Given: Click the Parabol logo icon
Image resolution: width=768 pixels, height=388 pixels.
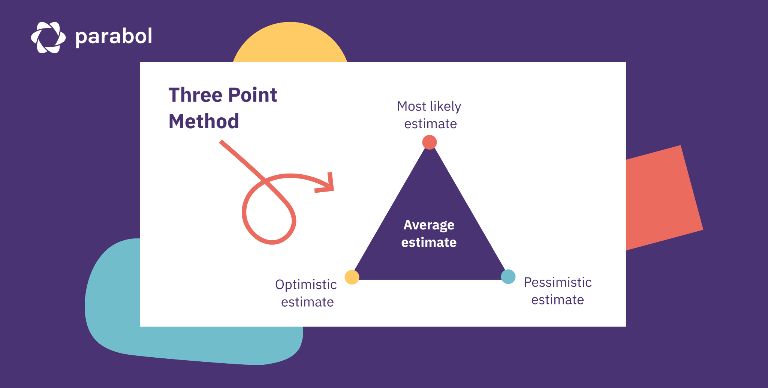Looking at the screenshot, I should click(x=48, y=37).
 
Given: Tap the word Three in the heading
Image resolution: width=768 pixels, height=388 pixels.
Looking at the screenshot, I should click(x=195, y=95).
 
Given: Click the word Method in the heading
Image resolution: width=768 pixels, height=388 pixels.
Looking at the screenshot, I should click(x=204, y=121).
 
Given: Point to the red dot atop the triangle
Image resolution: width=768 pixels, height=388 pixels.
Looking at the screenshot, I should click(x=429, y=142).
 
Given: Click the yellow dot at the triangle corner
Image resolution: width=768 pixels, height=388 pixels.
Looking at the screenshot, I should click(x=352, y=277).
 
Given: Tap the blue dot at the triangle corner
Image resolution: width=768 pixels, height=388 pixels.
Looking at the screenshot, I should click(x=508, y=277).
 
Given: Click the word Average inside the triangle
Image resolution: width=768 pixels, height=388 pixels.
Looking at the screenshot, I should click(x=429, y=225).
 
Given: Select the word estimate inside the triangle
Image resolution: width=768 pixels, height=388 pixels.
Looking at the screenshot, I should click(x=429, y=243).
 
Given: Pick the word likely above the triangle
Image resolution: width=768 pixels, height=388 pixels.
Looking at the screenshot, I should click(x=446, y=106).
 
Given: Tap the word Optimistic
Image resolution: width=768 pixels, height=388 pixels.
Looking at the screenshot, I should click(x=306, y=285).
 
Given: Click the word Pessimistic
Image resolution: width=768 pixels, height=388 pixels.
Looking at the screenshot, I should click(x=557, y=282).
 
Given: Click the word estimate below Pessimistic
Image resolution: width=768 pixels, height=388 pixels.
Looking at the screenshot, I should click(x=557, y=300).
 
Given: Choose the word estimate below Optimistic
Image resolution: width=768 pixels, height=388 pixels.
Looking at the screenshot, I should click(x=307, y=302).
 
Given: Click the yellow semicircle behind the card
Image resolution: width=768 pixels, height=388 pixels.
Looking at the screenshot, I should click(x=290, y=43).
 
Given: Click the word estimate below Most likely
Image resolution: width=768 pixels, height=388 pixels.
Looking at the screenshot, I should click(x=430, y=124).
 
